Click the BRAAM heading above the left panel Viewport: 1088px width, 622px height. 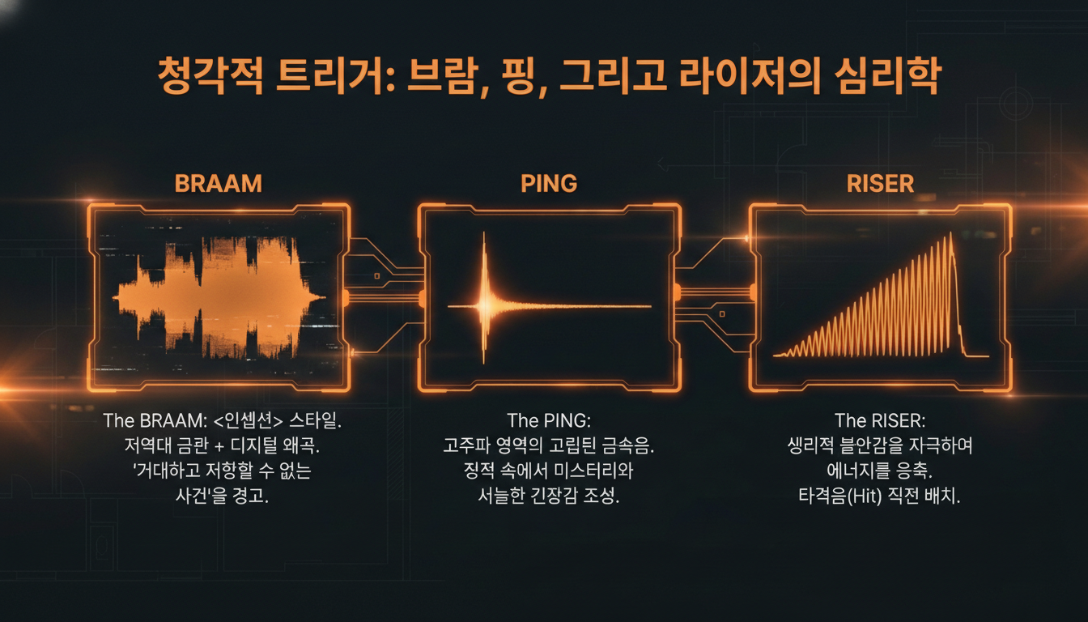(x=219, y=183)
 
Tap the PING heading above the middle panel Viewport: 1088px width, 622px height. (x=549, y=183)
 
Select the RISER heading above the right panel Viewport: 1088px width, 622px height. (x=880, y=183)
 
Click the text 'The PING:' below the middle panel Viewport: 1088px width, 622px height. (x=550, y=421)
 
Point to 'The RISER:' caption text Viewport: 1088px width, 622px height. (x=880, y=421)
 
